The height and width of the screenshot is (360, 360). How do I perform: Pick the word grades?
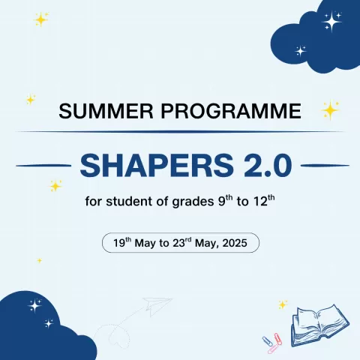click(x=190, y=203)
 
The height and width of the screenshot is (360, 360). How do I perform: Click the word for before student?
click(x=95, y=202)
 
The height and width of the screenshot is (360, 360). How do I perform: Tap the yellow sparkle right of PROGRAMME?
click(x=329, y=110)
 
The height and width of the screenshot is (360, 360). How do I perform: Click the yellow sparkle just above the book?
click(x=283, y=304)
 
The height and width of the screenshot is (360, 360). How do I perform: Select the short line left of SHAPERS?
click(x=43, y=165)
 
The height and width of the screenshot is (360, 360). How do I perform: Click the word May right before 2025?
click(x=208, y=244)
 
